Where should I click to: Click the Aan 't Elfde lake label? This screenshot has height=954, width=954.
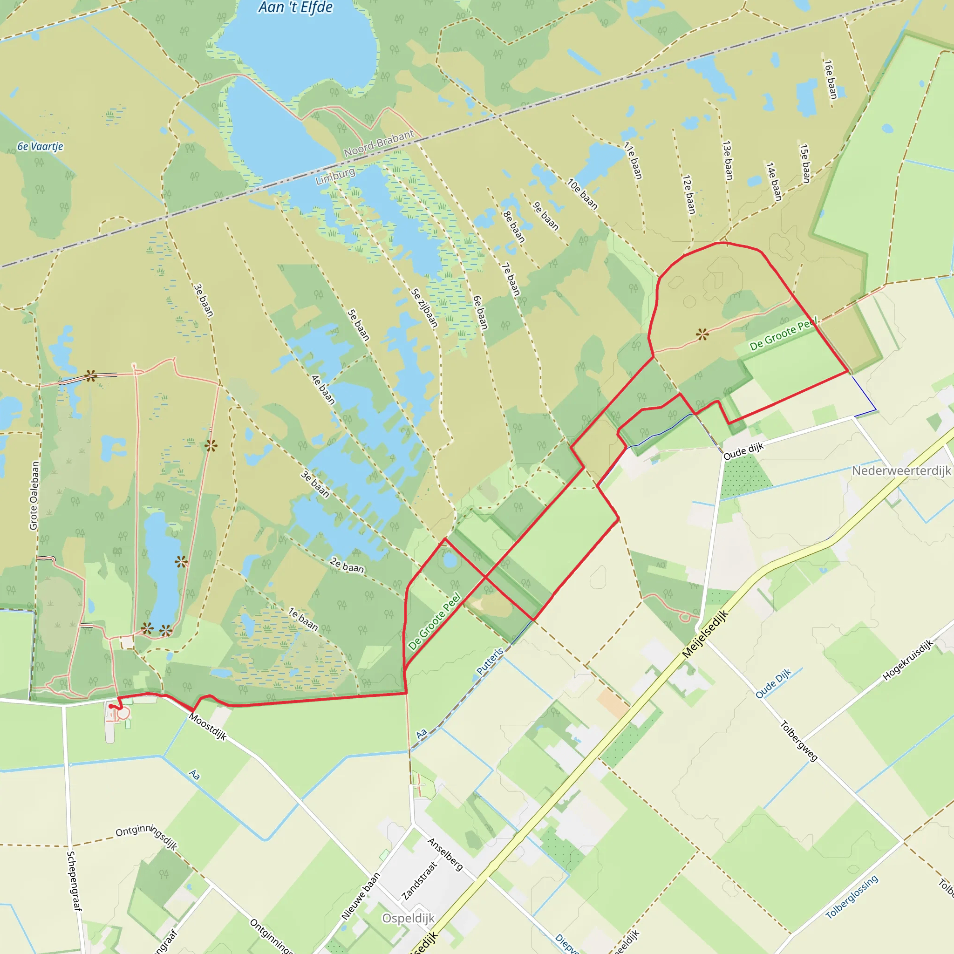295,7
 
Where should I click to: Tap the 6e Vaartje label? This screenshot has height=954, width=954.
41,147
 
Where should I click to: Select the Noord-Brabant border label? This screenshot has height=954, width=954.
379,143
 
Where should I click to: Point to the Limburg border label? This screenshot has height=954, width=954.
335,176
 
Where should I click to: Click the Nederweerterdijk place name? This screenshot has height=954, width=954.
901,470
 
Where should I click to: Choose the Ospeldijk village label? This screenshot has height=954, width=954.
409,919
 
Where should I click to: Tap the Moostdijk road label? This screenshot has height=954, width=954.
208,727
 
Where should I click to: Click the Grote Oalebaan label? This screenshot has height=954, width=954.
34,496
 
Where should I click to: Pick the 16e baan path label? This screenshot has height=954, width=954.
831,79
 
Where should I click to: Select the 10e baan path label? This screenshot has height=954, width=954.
582,194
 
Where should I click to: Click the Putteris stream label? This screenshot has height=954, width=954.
490,661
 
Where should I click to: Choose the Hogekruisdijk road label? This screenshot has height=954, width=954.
907,660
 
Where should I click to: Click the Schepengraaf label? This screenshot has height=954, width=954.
74,881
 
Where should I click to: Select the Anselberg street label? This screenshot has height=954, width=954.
445,854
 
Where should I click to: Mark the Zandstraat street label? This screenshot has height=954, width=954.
420,881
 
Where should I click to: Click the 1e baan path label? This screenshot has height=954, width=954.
303,619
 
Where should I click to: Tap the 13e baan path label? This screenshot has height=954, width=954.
727,161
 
